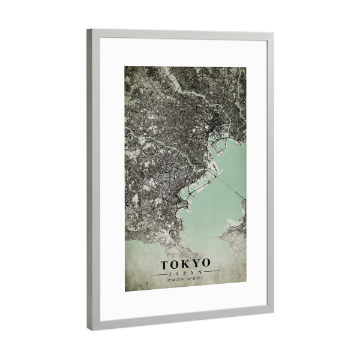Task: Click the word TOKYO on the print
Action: click(x=185, y=263)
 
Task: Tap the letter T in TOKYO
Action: click(x=164, y=263)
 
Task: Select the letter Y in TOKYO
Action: click(x=196, y=263)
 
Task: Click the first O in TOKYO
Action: click(x=175, y=263)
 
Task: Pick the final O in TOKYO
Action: click(x=206, y=263)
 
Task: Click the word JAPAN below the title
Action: click(x=185, y=273)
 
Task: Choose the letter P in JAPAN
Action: click(x=185, y=273)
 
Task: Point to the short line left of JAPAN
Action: click(x=159, y=274)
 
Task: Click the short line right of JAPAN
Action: click(x=212, y=272)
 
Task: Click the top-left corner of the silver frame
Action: click(x=88, y=30)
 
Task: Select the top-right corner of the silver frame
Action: click(x=272, y=35)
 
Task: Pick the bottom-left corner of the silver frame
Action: click(x=90, y=328)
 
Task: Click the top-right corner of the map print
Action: click(x=246, y=68)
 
